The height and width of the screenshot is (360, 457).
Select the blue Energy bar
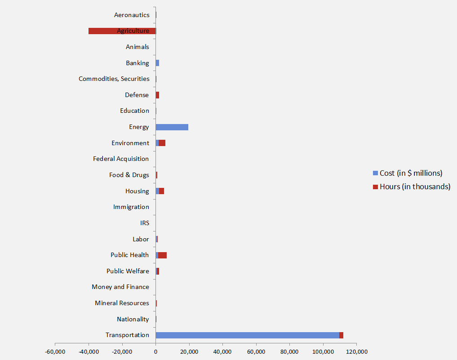point(172,127)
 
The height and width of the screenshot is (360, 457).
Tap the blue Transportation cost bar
point(247,335)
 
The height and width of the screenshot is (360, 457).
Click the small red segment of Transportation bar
point(342,335)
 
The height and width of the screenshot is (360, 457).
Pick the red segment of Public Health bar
point(163,255)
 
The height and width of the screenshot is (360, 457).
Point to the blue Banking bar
point(157,63)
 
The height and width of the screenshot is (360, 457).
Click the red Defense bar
point(157,95)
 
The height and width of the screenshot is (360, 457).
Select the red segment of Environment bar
point(162,143)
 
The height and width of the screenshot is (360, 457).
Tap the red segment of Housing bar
point(162,191)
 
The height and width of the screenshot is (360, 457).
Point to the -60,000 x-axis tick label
point(55,351)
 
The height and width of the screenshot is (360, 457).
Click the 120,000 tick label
point(356,351)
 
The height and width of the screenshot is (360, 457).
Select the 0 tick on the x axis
point(155,351)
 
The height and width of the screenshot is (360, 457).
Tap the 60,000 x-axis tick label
point(256,351)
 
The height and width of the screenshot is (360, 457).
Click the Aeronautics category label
point(132,15)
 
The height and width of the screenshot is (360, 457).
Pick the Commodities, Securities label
point(114,79)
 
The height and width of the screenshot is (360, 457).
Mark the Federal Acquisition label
point(121,159)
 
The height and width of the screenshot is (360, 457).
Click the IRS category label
point(145,223)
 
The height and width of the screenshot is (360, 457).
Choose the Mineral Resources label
point(122,303)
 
